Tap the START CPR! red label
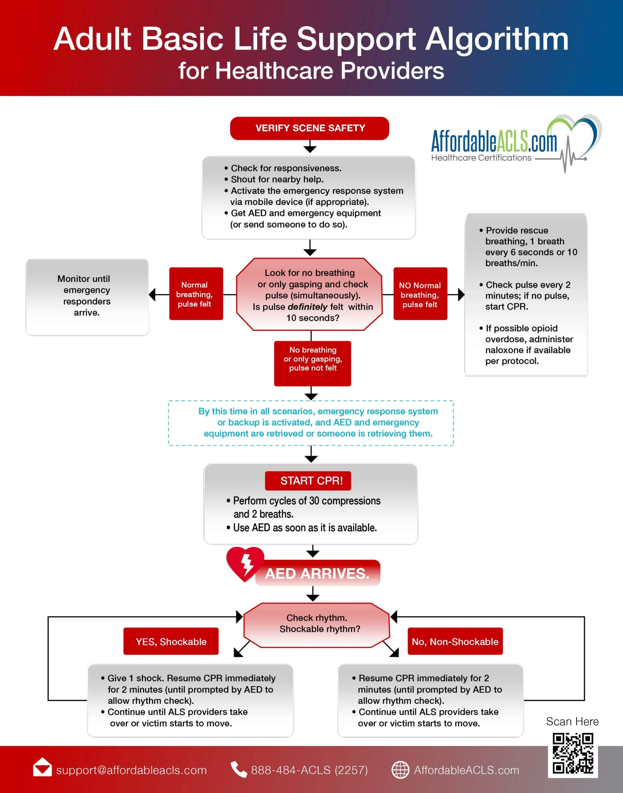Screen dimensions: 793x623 (308, 480)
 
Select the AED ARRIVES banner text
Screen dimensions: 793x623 (317, 573)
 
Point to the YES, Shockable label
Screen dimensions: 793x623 (171, 641)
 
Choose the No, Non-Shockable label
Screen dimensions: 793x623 (455, 641)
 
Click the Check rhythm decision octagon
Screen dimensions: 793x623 (317, 625)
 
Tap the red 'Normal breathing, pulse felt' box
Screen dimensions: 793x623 (196, 294)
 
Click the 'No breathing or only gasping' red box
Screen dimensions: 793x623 (313, 363)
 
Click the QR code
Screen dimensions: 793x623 (573, 754)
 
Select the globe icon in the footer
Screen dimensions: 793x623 (400, 770)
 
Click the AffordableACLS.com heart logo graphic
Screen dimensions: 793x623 (574, 140)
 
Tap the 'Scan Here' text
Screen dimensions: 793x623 (572, 721)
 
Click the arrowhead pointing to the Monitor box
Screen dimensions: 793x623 (152, 294)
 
